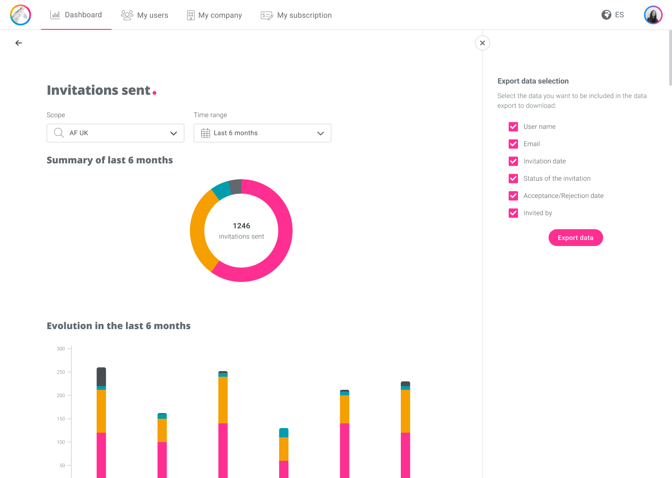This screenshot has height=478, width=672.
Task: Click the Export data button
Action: [x=575, y=238]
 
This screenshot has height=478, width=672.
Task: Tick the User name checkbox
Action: [x=513, y=127]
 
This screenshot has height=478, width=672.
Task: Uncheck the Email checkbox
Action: [x=513, y=144]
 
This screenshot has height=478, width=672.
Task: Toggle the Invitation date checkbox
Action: [x=513, y=161]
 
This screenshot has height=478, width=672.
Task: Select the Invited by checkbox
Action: [x=513, y=213]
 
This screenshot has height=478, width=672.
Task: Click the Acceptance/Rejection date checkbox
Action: [x=513, y=196]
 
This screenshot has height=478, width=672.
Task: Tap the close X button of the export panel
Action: [x=483, y=43]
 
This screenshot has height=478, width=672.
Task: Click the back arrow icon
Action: [x=19, y=43]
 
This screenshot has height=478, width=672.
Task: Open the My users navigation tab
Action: [x=144, y=15]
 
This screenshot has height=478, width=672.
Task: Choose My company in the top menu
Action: [x=214, y=15]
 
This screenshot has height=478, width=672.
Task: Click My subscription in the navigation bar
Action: [x=296, y=15]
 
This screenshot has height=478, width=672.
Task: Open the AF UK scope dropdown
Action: [x=116, y=133]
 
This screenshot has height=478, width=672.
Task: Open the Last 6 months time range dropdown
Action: [x=262, y=133]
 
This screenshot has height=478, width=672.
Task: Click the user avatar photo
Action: [x=653, y=14]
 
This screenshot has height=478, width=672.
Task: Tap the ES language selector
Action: [x=613, y=14]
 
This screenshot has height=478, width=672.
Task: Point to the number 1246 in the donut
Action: [x=242, y=225]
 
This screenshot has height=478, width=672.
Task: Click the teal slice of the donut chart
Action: [x=221, y=190]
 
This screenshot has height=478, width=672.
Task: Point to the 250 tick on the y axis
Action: [x=61, y=372]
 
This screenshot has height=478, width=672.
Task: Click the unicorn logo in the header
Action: [x=21, y=14]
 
